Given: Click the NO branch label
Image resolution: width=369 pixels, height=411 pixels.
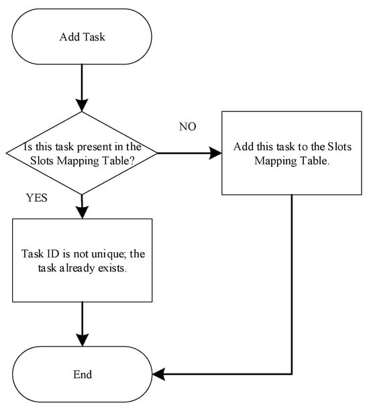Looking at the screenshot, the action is [x=187, y=127].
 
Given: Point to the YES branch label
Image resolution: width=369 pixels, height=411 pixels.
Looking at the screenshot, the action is [x=37, y=198].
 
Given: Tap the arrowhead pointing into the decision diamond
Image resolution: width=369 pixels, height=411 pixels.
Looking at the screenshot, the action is [x=82, y=105].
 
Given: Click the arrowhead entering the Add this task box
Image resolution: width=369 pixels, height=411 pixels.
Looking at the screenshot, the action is [x=215, y=153].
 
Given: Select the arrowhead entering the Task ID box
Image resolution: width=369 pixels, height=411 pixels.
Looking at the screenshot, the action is [x=82, y=213].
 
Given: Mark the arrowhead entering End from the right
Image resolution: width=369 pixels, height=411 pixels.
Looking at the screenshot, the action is [x=158, y=374].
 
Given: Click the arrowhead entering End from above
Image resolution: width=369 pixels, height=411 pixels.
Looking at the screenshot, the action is [x=83, y=340].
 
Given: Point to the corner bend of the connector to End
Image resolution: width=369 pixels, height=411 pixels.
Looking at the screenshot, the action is [x=292, y=374].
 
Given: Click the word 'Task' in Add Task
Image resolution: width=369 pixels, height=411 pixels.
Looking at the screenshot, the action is [x=95, y=37].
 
